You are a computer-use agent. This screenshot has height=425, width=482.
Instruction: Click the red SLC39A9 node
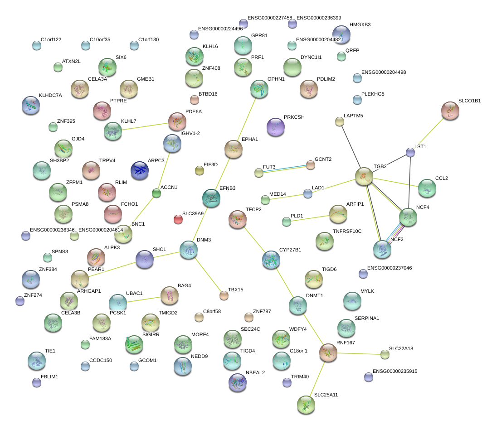click(x=178, y=220)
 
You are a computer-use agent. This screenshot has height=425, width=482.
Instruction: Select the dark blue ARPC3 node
click(x=140, y=170)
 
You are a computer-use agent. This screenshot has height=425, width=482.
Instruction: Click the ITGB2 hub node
click(x=364, y=176)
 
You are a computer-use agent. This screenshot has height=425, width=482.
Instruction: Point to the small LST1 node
click(x=410, y=153)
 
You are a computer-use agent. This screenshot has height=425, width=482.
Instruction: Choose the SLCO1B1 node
click(x=450, y=111)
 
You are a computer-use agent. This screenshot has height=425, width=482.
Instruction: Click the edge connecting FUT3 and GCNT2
click(x=284, y=169)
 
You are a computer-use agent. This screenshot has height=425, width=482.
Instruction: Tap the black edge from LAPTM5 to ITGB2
click(x=351, y=149)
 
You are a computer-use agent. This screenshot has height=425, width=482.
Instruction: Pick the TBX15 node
click(x=224, y=295)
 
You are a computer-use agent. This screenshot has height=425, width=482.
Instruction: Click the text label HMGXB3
click(x=360, y=25)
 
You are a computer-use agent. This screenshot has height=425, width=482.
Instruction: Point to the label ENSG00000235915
click(x=395, y=371)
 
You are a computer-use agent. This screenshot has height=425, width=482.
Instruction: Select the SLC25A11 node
click(x=306, y=404)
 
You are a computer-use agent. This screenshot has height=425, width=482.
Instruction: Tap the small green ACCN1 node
click(x=156, y=193)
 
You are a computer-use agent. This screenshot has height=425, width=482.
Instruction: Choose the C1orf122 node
click(x=37, y=45)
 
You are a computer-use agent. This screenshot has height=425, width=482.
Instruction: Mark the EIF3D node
click(x=199, y=170)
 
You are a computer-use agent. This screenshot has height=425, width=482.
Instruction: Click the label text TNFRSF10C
click(x=347, y=232)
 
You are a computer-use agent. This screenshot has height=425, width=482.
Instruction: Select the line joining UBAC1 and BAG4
click(x=144, y=299)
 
